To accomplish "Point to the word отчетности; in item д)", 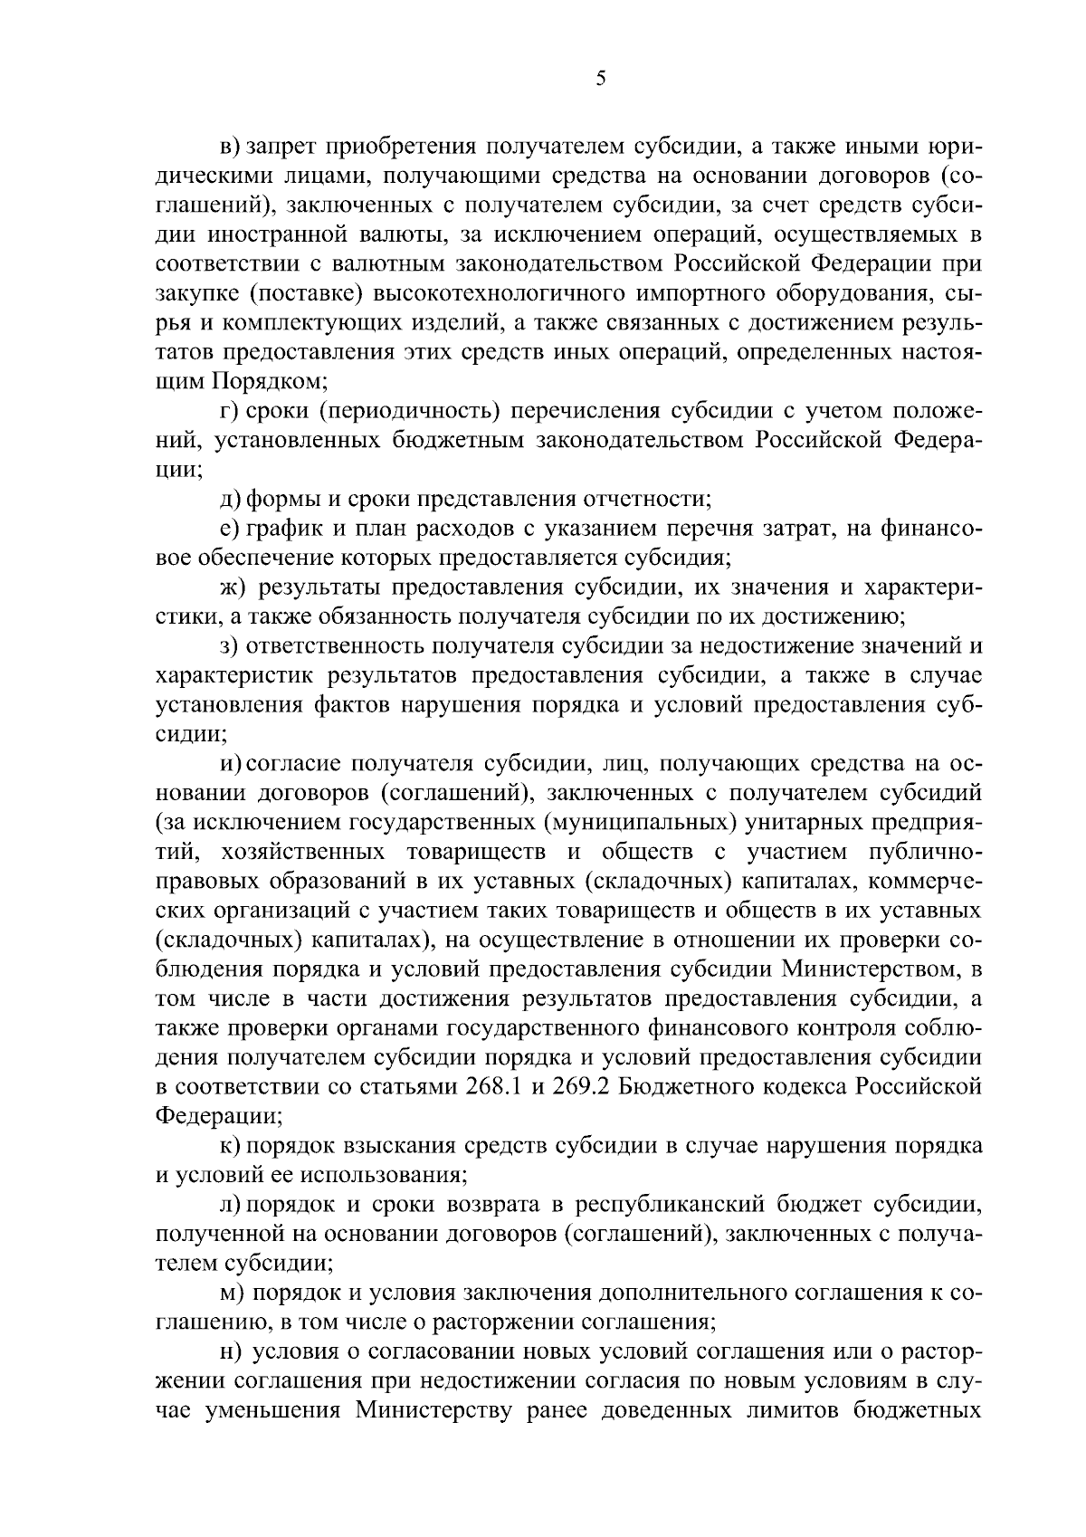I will point(636,499).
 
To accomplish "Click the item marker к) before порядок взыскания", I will point(231,1146).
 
